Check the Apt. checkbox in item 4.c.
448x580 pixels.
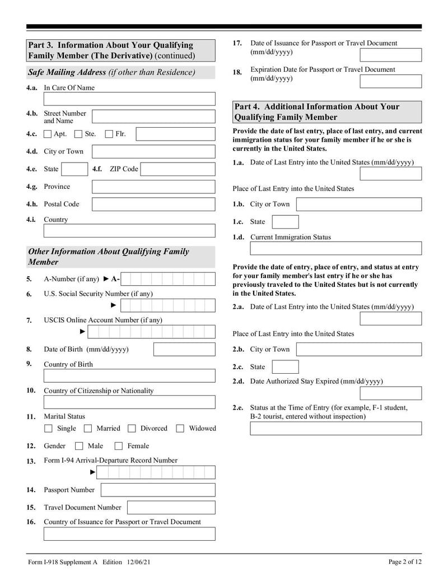(48, 134)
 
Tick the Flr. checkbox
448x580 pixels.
(109, 134)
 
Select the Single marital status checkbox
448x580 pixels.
(48, 429)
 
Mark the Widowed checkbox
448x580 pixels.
(180, 429)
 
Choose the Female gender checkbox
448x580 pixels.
(119, 447)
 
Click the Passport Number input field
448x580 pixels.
(157, 490)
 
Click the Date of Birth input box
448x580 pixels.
(184, 350)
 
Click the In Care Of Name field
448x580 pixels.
(129, 99)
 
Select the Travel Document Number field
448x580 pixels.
(171, 508)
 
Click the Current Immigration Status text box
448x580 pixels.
(335, 248)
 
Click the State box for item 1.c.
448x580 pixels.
(285, 222)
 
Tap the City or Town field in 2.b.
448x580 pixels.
(358, 350)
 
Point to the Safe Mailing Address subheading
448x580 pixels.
(111, 72)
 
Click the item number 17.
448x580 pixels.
(237, 43)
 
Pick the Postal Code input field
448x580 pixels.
(153, 205)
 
